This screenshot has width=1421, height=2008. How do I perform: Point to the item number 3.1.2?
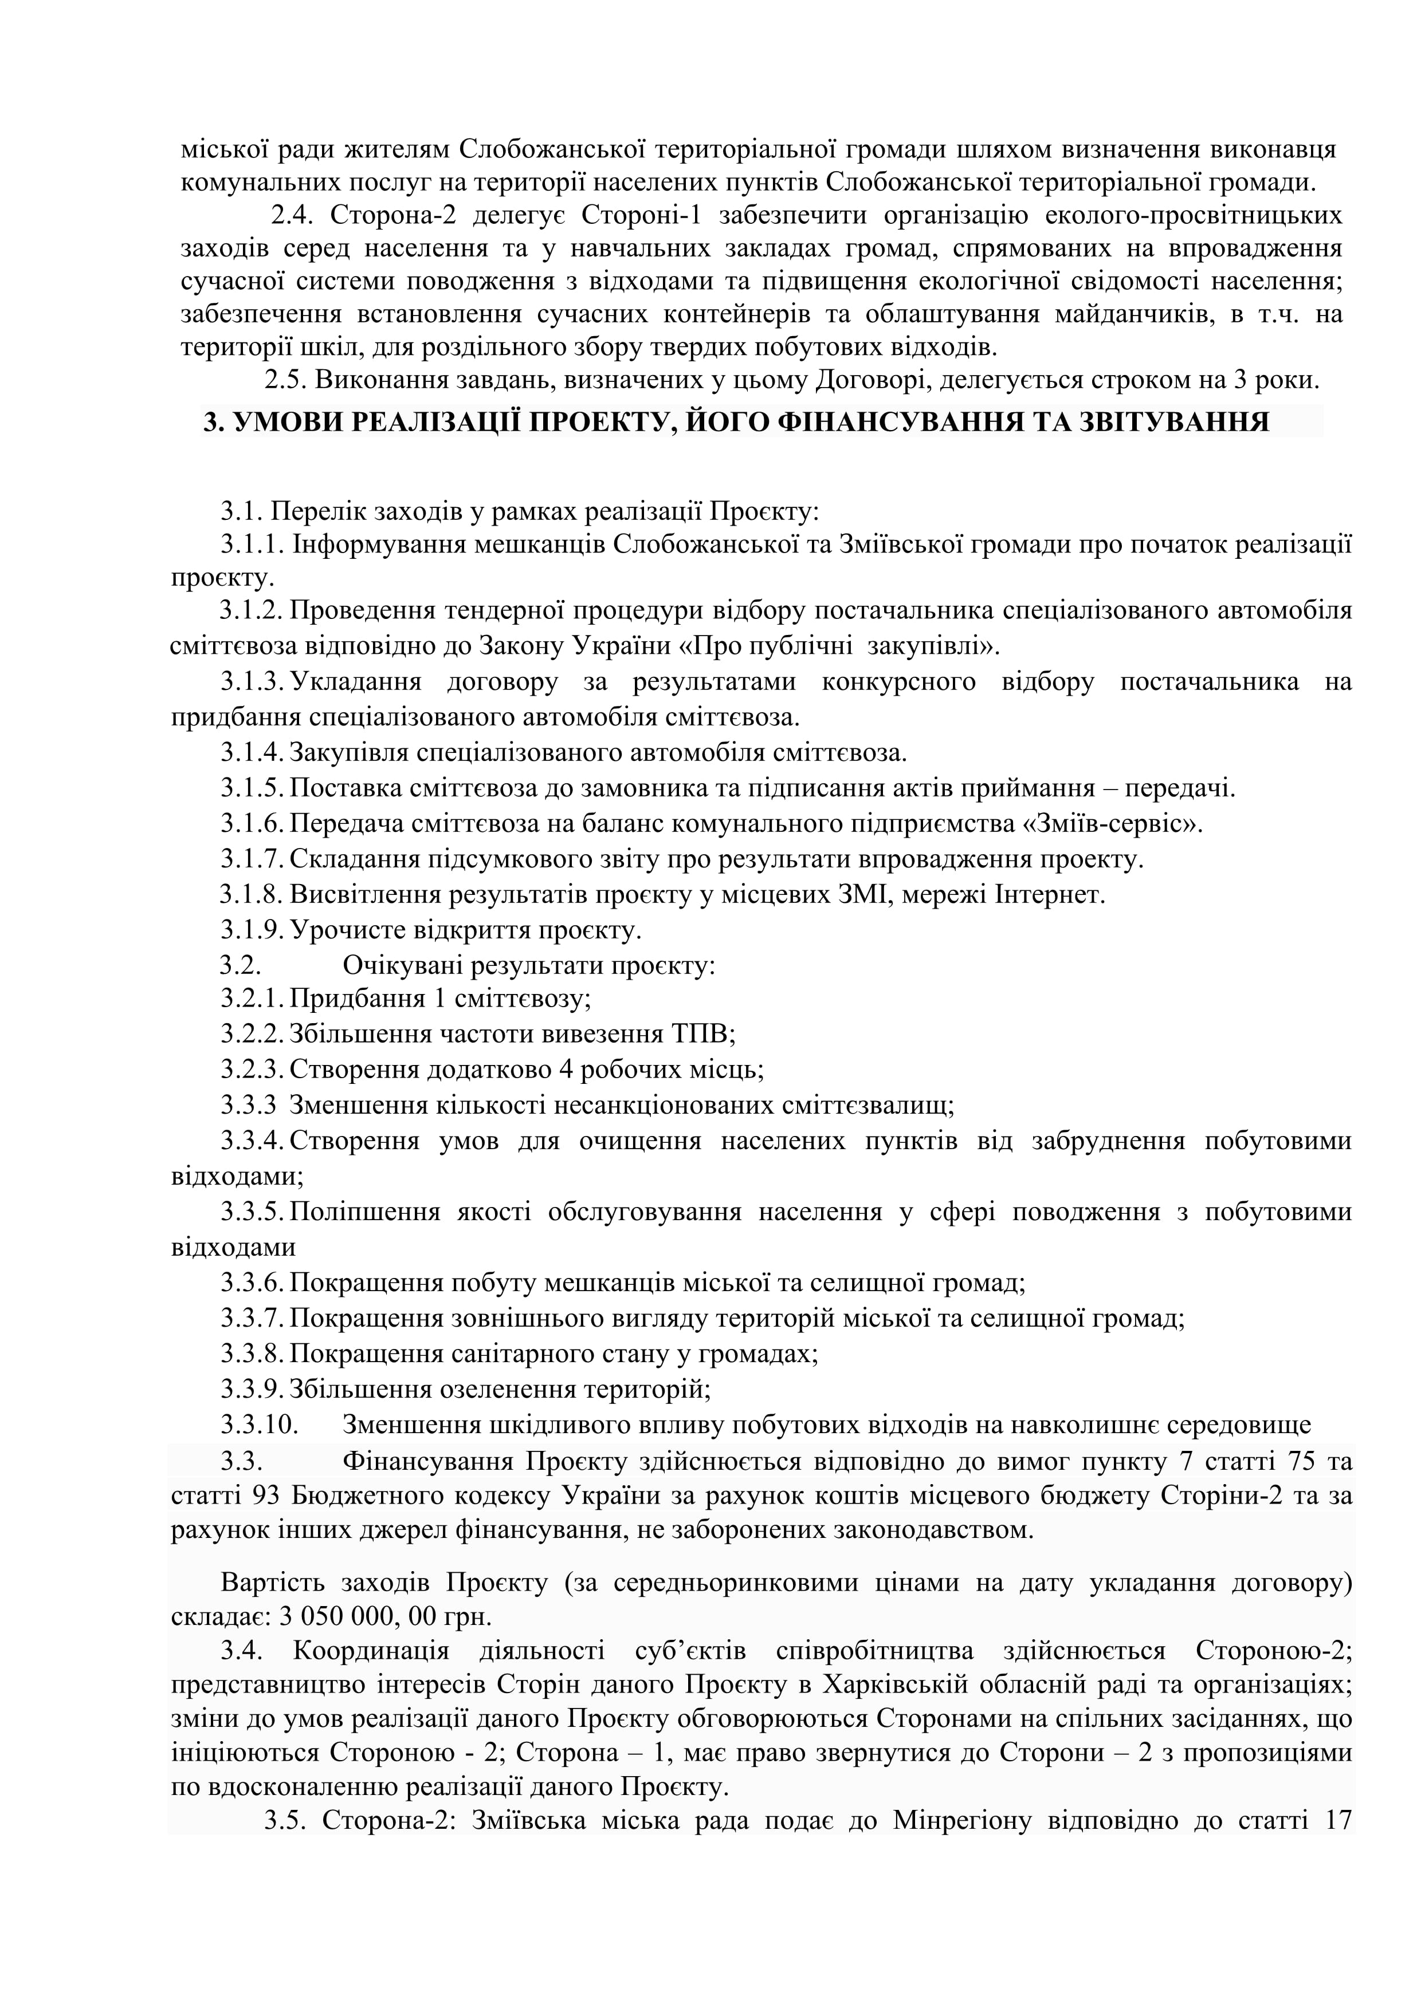(252, 610)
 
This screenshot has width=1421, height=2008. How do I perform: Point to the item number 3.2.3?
(252, 1070)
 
